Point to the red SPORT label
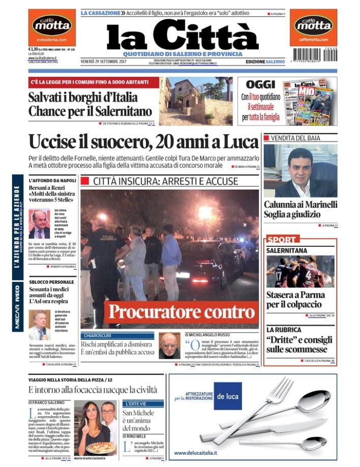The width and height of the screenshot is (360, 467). point(281,239)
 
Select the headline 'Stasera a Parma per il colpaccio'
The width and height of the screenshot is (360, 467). point(294,299)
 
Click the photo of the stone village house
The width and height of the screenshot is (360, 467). point(195,100)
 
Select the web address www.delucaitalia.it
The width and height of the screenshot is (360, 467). point(197,452)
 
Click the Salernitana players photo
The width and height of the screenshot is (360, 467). point(300,272)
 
